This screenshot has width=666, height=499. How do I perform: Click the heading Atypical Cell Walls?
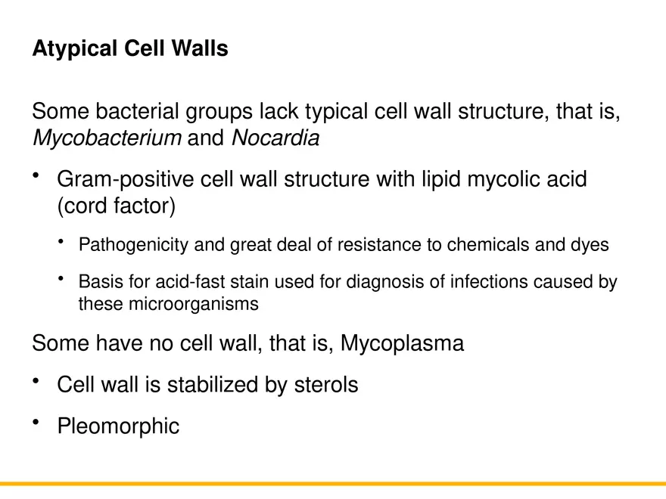click(129, 49)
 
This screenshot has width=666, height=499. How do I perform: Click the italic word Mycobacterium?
click(107, 138)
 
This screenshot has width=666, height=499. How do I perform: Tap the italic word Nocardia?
click(275, 138)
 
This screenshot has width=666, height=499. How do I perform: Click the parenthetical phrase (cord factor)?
click(116, 206)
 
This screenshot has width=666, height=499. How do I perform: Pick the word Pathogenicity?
click(133, 245)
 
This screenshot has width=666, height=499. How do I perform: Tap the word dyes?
click(590, 245)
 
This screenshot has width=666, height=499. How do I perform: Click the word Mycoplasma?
click(402, 343)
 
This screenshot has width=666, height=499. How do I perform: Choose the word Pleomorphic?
click(118, 426)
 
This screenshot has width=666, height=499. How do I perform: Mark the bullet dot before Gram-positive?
click(36, 175)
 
